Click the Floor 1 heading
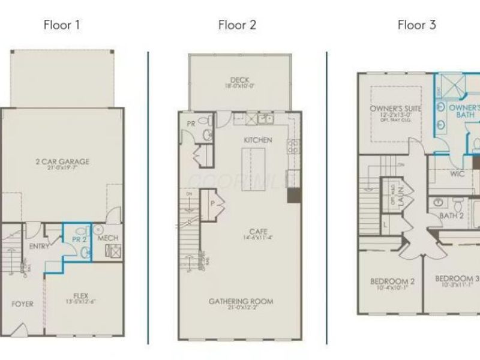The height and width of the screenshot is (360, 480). pyautogui.click(x=61, y=25)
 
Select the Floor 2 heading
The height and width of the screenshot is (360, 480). pyautogui.click(x=237, y=25)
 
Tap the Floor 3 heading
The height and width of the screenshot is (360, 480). pyautogui.click(x=416, y=25)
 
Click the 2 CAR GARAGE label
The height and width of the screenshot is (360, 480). pyautogui.click(x=62, y=161)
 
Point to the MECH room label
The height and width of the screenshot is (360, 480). pyautogui.click(x=108, y=238)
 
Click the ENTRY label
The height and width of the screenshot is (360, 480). pyautogui.click(x=39, y=247)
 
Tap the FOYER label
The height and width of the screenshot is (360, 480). pyautogui.click(x=23, y=304)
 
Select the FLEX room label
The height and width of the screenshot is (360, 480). pyautogui.click(x=81, y=295)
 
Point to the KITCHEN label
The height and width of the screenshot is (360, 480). pyautogui.click(x=258, y=140)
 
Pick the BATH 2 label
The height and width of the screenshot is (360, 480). pyautogui.click(x=452, y=215)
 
